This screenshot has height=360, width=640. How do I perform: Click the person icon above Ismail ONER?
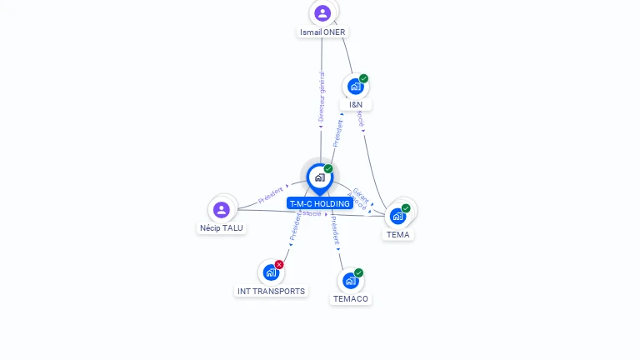point(322,13)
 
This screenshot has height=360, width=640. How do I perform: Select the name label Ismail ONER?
point(322,32)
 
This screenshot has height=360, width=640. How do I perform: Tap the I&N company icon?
point(356,86)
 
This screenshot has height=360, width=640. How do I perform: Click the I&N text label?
point(356,105)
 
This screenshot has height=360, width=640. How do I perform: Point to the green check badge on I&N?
point(363,78)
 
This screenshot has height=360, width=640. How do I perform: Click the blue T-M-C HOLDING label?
point(320,203)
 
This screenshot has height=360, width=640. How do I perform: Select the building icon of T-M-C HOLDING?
point(319,177)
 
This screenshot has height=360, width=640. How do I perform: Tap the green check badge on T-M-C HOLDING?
point(328,168)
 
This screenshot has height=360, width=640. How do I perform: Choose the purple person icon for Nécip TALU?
point(221,209)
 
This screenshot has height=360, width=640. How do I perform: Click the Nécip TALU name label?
point(222,227)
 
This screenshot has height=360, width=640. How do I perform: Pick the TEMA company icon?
point(397,216)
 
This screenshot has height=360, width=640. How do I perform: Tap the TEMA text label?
point(398,235)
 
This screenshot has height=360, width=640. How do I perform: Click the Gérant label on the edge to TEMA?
point(362,193)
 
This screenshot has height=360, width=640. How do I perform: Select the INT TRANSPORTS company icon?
point(271,272)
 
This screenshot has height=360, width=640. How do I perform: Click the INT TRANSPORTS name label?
point(271,292)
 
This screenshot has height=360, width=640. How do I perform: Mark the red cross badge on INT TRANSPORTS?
point(279,264)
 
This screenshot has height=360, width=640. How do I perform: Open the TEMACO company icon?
point(351,280)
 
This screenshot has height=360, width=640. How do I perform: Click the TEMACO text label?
point(351,299)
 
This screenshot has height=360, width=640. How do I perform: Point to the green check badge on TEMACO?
point(358,272)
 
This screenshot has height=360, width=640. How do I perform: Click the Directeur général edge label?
point(322,97)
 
